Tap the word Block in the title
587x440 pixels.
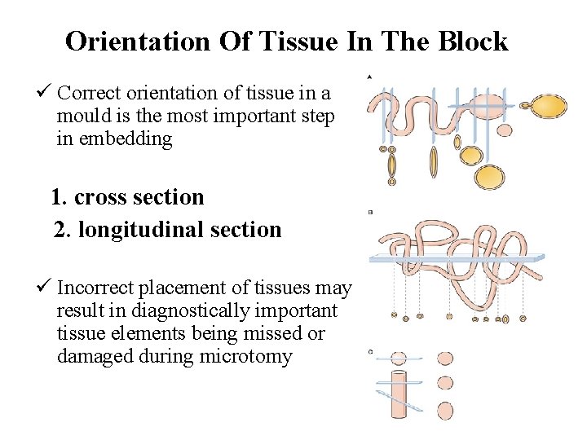tap(472, 41)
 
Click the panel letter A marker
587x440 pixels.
tap(370, 77)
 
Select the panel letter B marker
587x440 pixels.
tap(370, 212)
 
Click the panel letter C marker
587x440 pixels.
tap(370, 352)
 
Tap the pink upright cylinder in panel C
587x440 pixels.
tap(399, 394)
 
